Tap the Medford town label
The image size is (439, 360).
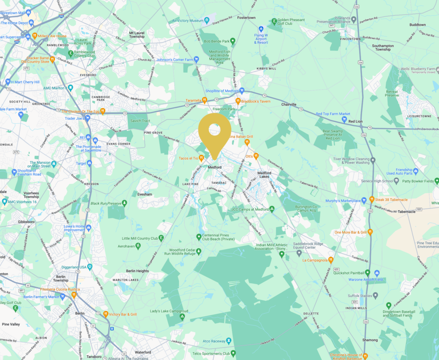point(214,167)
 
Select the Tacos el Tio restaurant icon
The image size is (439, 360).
point(201,158)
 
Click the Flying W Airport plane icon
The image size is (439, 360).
point(261,29)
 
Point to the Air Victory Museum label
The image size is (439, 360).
point(187,21)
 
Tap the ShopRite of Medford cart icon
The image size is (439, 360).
point(242,91)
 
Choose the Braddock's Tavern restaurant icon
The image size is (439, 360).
point(238,101)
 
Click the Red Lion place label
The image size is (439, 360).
point(355,121)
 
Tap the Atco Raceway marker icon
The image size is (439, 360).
point(229,341)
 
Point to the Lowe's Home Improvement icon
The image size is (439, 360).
point(89,227)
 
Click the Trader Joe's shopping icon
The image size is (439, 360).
point(87,118)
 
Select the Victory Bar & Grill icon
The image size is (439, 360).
point(105,314)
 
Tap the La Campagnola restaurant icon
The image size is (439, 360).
point(331,260)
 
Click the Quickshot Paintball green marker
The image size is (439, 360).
point(367,272)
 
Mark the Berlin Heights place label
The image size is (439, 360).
point(137,271)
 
